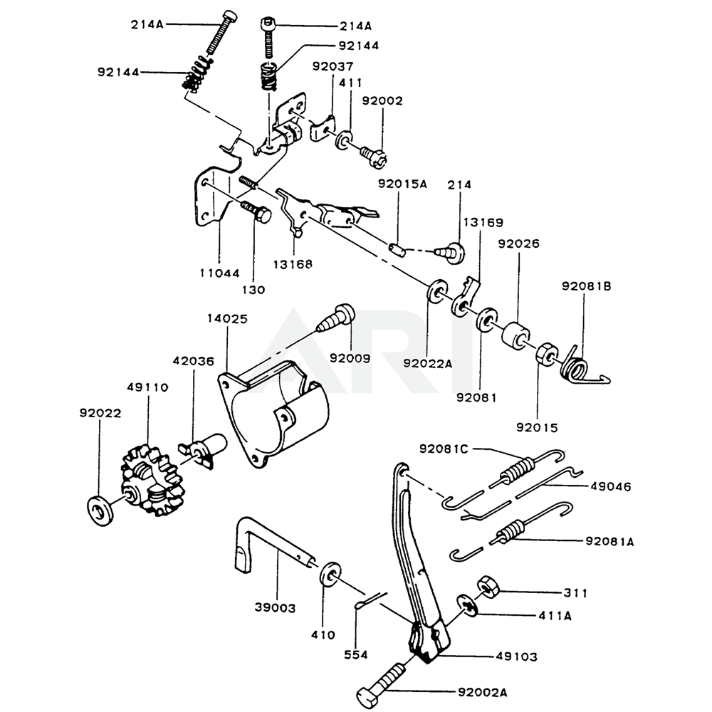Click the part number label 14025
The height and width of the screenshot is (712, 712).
click(x=229, y=320)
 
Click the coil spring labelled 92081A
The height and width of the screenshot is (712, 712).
click(x=513, y=530)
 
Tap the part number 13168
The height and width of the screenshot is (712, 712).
click(x=293, y=264)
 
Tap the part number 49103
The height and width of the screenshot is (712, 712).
click(x=520, y=656)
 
